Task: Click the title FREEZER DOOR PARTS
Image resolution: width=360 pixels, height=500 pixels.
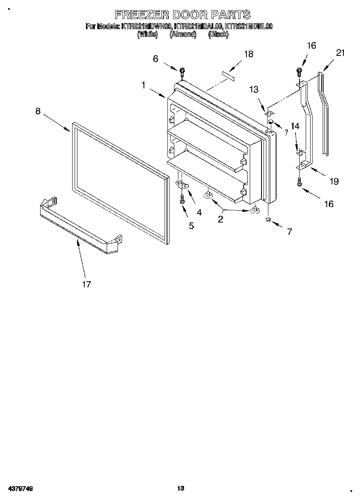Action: (182, 15)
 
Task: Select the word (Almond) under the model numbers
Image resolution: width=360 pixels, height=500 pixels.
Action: (183, 35)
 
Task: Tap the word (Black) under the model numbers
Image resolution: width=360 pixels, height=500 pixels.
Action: (218, 35)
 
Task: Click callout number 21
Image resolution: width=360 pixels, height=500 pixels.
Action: (340, 53)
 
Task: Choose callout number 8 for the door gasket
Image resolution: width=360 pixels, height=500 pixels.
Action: (38, 111)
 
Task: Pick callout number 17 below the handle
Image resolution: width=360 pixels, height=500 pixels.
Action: (86, 284)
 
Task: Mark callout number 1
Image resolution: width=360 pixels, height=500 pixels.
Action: (144, 85)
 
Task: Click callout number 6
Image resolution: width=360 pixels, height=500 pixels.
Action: (155, 59)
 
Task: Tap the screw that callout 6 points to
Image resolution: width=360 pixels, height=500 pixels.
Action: (182, 72)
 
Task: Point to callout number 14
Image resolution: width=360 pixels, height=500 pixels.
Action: (295, 126)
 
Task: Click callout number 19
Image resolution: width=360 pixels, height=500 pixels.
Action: (334, 181)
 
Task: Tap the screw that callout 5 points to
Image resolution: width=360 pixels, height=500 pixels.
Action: (182, 199)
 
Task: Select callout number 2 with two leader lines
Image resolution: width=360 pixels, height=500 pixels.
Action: (221, 219)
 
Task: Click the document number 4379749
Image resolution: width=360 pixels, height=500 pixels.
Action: (20, 489)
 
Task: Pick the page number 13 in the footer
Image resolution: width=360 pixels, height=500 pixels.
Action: (180, 488)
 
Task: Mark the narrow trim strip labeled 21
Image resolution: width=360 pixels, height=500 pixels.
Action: (324, 113)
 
